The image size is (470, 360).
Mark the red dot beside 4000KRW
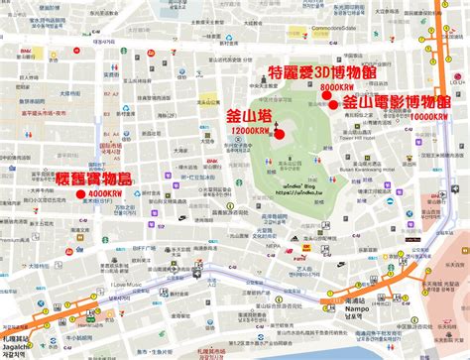click(78, 194)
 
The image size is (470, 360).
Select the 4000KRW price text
click(105, 194)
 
